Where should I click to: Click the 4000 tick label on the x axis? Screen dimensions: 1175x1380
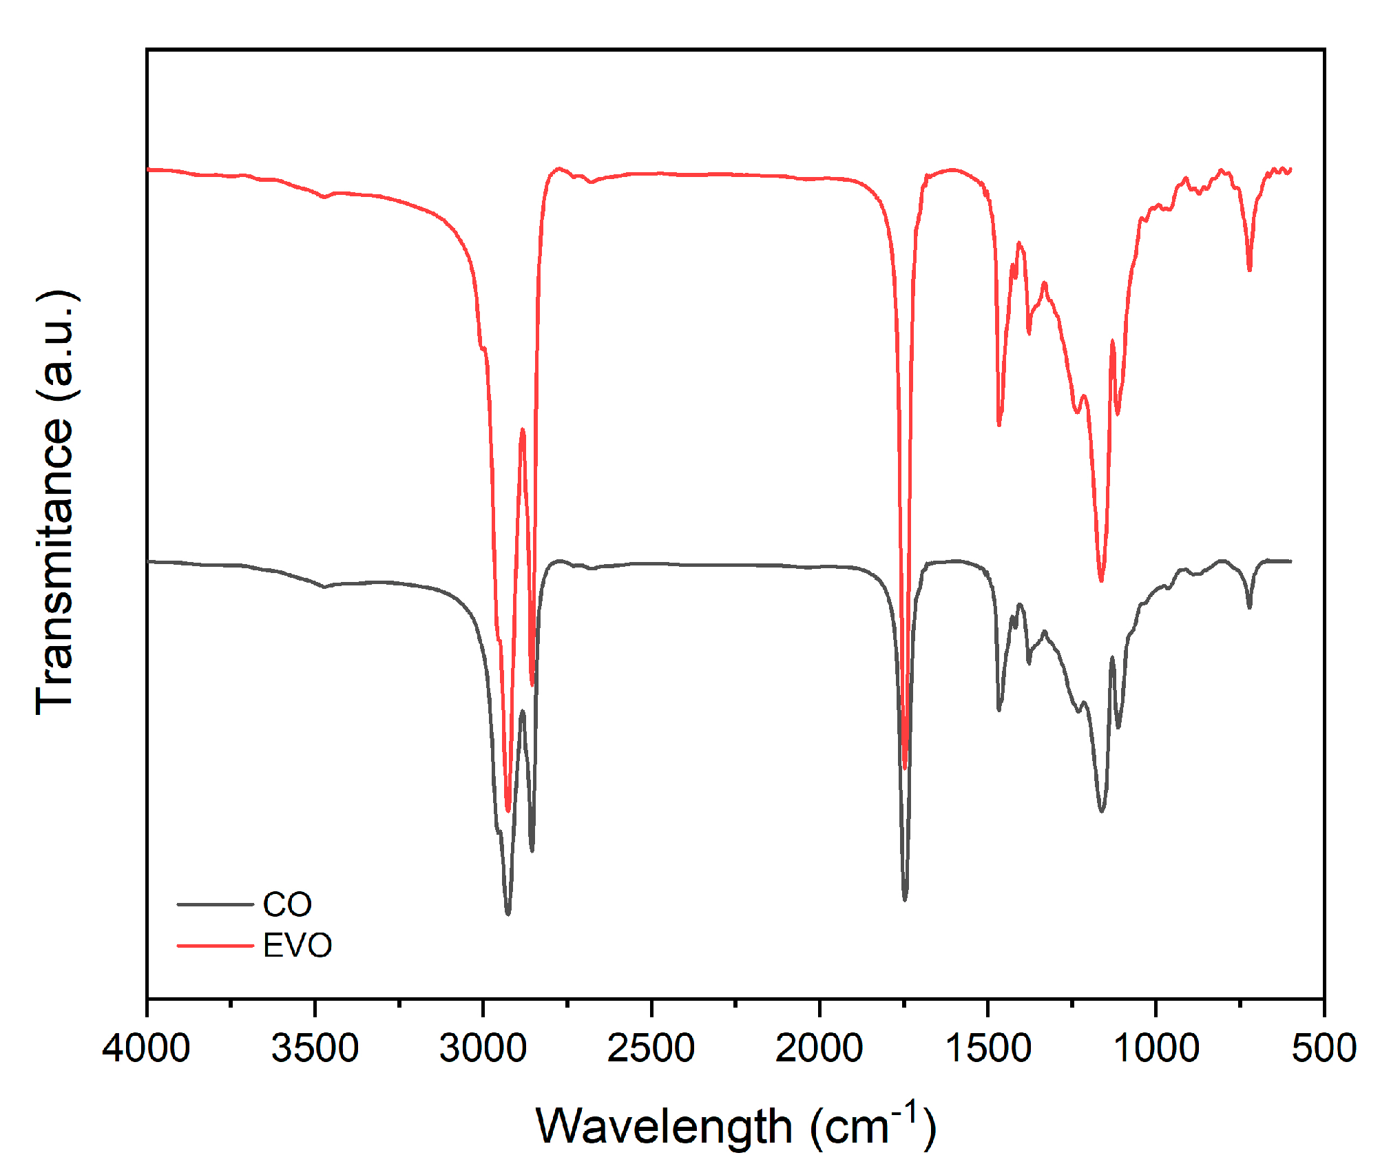pos(146,1048)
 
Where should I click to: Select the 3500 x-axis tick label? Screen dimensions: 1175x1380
pos(315,1048)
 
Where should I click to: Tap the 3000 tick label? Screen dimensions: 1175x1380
pos(483,1048)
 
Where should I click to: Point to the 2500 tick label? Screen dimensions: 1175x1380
pos(651,1048)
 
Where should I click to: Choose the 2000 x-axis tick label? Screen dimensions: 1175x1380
pos(819,1048)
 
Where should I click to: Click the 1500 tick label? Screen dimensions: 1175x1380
pos(987,1048)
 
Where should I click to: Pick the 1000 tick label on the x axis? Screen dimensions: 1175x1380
pos(1156,1048)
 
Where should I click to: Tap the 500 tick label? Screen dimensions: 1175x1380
pos(1324,1048)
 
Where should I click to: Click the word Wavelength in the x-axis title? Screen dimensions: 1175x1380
pos(664,1127)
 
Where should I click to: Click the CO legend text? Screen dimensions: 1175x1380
pos(287,904)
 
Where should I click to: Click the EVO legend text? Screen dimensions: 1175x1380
pos(297,946)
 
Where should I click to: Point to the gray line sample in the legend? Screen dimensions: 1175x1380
pos(215,904)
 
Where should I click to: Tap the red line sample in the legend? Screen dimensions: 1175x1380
pos(215,946)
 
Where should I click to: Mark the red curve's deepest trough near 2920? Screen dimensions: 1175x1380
pos(508,811)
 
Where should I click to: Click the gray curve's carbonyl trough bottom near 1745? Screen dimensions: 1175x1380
pos(905,899)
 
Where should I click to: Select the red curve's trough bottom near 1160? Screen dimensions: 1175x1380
pos(1101,581)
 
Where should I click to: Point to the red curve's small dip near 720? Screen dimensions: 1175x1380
pos(1249,269)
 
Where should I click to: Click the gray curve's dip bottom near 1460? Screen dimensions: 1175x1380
pos(999,709)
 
